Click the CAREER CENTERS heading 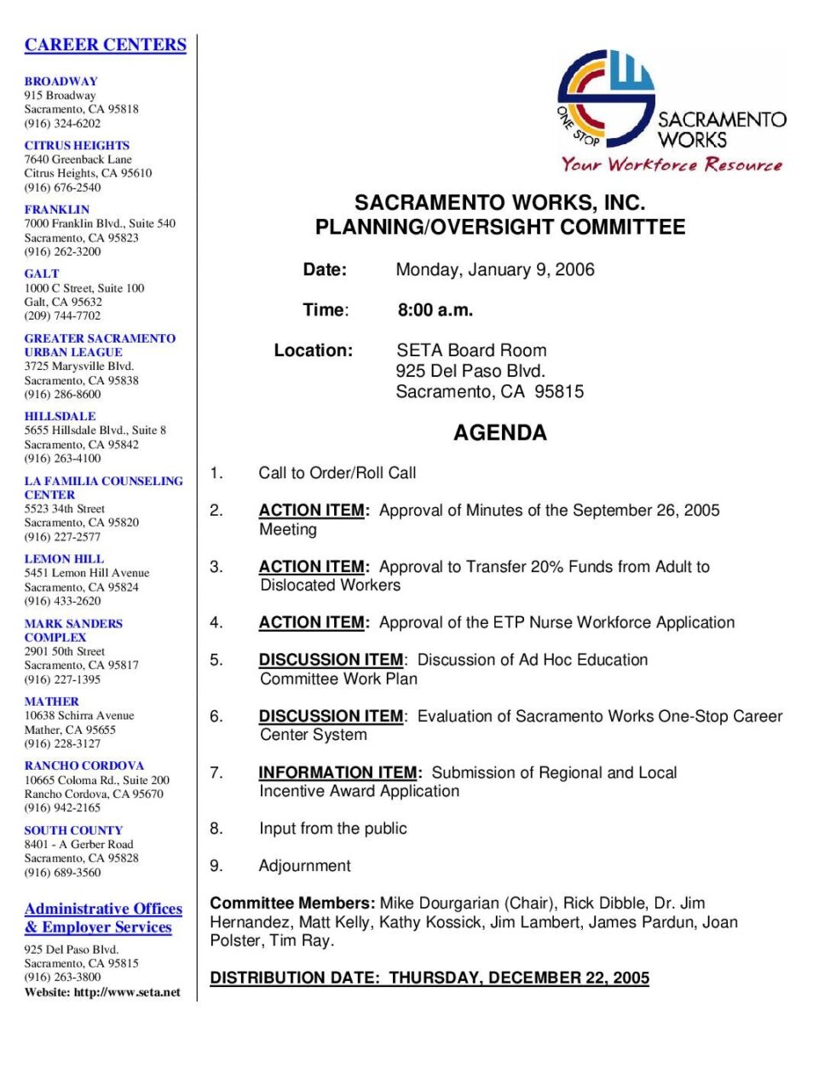point(105,44)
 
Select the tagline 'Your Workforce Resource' point(671,165)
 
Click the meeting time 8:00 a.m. point(435,310)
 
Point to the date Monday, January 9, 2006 point(495,270)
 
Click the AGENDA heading point(499,433)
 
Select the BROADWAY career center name point(61,81)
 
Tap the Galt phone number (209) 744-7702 point(62,315)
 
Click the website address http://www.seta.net point(127,992)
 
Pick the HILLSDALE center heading point(60,416)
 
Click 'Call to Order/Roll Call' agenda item point(337,473)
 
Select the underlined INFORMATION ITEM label point(339,773)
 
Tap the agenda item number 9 point(216,866)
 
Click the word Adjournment point(304,866)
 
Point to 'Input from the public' point(332,829)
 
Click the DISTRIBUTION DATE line point(429,978)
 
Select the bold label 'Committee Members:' point(292,904)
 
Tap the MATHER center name point(51,702)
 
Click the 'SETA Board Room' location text point(471,350)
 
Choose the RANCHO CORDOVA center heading point(84,765)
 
